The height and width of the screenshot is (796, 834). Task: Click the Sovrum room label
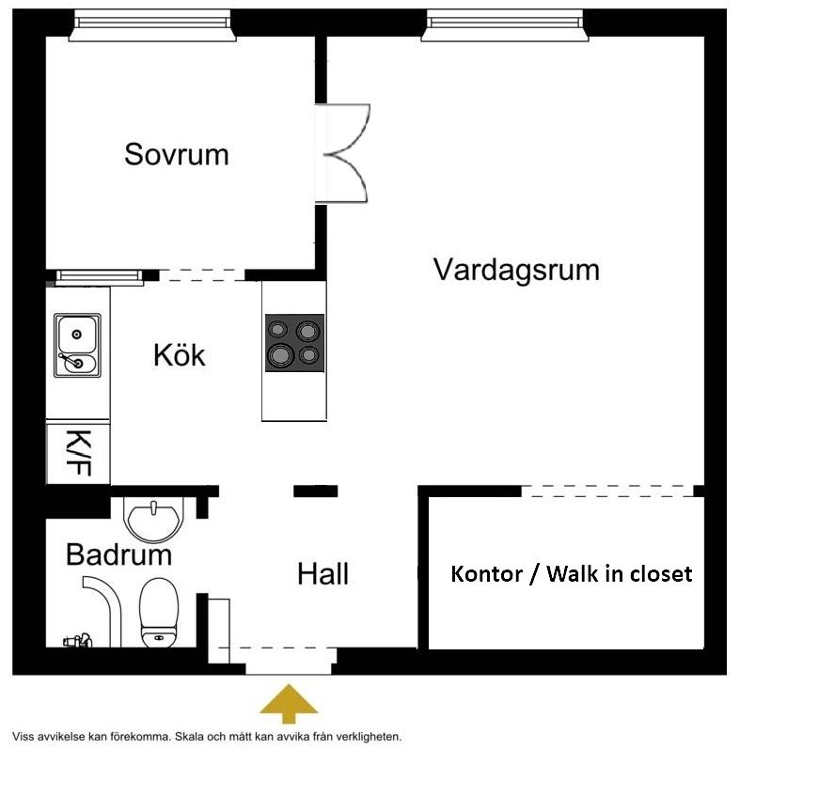tap(177, 154)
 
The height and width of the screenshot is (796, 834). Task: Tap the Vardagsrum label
tap(516, 271)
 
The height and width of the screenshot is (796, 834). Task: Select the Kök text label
tap(180, 356)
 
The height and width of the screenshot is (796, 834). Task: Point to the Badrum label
tap(118, 554)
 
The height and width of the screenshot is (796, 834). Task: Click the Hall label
tap(323, 574)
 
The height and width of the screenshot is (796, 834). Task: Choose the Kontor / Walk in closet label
tap(572, 573)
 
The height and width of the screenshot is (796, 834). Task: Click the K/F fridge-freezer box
tap(78, 453)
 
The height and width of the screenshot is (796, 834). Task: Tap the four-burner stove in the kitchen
tap(294, 342)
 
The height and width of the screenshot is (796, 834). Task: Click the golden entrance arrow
tap(289, 703)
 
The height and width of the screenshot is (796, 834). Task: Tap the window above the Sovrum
tap(151, 25)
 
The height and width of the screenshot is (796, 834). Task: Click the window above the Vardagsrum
tap(506, 25)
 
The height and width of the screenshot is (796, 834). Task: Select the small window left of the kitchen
tap(99, 276)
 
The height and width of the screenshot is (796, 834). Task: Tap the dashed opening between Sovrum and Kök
tap(202, 274)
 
